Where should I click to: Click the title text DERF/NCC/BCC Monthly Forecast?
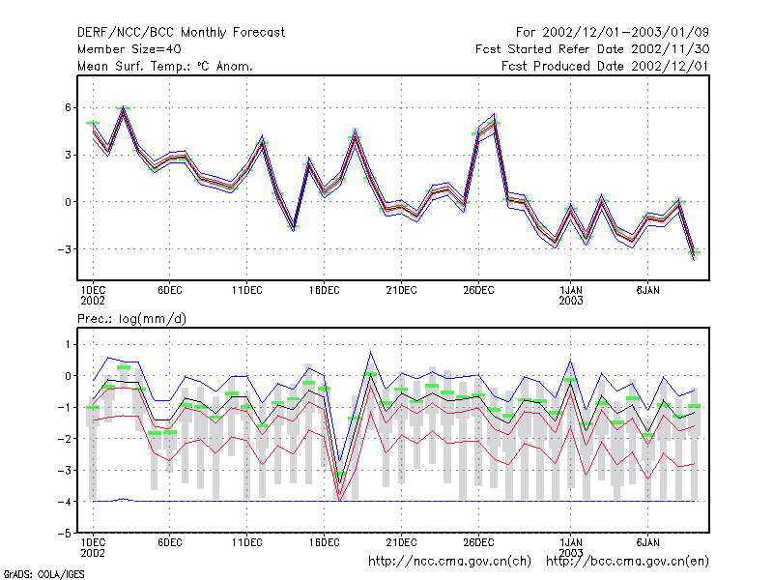(x=181, y=33)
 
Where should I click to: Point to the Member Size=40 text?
(x=129, y=49)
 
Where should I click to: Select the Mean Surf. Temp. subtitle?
(x=165, y=66)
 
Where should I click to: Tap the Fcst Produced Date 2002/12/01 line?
(x=606, y=66)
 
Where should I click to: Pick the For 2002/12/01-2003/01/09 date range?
(x=613, y=33)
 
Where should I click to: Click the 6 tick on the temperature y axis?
(x=68, y=107)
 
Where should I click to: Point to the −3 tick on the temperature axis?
(x=64, y=249)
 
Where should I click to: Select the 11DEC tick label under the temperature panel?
(x=247, y=291)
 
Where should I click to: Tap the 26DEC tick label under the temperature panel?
(x=478, y=291)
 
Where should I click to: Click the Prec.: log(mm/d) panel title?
(x=132, y=319)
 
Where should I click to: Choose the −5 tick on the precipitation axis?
(x=64, y=534)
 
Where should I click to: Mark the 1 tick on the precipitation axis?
(x=68, y=344)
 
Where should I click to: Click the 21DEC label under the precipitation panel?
(x=401, y=542)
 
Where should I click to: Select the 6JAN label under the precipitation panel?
(x=647, y=542)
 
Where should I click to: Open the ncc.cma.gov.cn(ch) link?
(x=449, y=562)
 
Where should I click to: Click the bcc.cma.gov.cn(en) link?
(x=627, y=562)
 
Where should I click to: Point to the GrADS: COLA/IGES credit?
(x=44, y=574)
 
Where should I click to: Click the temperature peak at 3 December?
(x=124, y=108)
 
